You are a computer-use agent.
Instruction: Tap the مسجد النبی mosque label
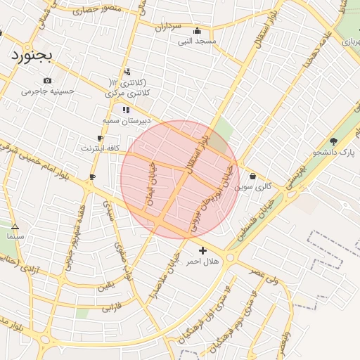(x=197, y=41)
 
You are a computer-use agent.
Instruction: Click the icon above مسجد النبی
(x=197, y=31)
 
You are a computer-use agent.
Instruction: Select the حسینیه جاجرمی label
(x=47, y=91)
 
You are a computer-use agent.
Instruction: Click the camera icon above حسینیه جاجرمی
(x=47, y=80)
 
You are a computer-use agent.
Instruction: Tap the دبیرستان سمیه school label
(x=127, y=121)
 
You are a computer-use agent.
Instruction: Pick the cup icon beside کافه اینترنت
(x=100, y=138)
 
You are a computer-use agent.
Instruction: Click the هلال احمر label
(x=202, y=261)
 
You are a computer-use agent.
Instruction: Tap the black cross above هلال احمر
(x=202, y=250)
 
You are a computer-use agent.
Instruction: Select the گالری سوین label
(x=253, y=186)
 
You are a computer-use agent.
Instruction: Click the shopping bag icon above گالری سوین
(x=252, y=176)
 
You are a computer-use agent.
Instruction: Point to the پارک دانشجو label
(x=333, y=151)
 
